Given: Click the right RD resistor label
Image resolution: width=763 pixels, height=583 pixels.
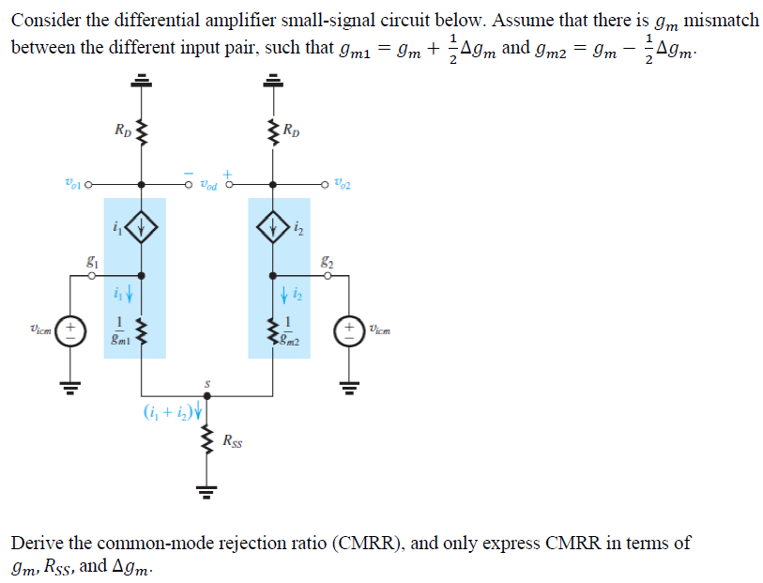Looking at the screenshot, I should tap(294, 130).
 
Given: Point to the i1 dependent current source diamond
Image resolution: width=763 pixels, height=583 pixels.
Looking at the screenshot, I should tap(142, 227).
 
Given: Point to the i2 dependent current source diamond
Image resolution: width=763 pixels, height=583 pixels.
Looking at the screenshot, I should tap(272, 227).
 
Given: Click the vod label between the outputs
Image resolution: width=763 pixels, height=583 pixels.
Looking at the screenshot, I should tap(207, 185).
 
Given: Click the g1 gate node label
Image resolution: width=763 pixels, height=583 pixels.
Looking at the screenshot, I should tap(92, 264).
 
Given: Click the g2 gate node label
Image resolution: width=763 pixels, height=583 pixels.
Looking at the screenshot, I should tap(326, 264).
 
